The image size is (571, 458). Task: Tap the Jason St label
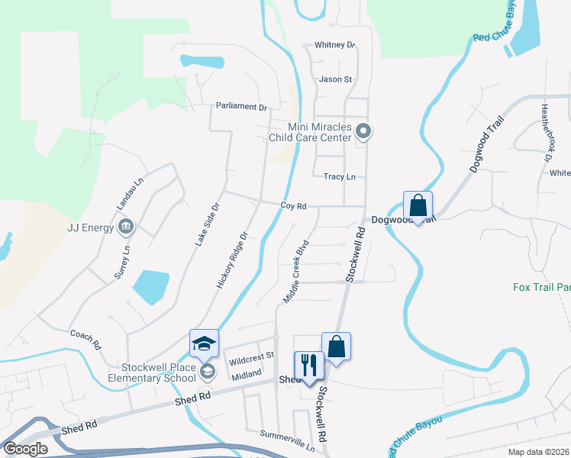[x=335, y=79]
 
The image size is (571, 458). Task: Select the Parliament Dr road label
[x=241, y=107]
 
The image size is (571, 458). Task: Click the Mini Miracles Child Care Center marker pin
[x=364, y=132]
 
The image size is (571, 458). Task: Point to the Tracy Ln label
[x=340, y=176]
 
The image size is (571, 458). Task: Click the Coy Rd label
[x=293, y=206]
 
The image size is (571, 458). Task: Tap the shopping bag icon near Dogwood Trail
[x=418, y=205]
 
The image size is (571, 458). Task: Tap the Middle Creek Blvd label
[x=295, y=272]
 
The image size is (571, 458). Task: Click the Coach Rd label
[x=85, y=338]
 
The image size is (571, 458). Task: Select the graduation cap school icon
[x=204, y=344]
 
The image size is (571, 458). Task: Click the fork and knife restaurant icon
[x=309, y=365]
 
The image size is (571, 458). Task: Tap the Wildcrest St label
[x=249, y=356]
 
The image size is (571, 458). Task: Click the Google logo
[x=25, y=449]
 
